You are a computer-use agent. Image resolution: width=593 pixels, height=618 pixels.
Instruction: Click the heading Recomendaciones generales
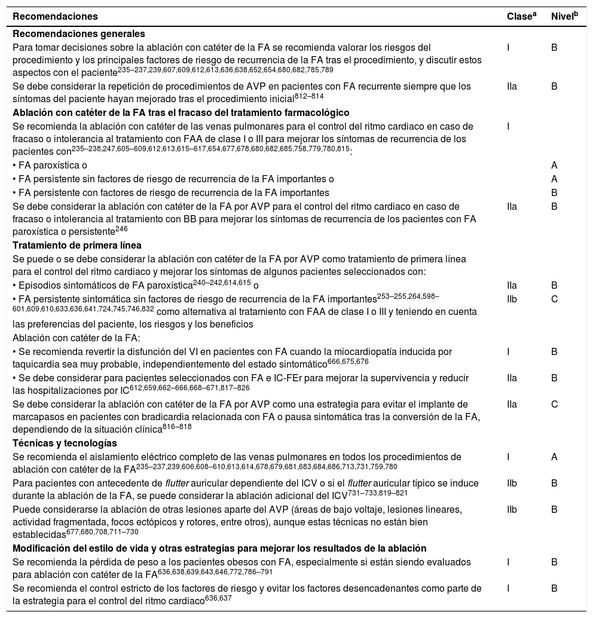(x=79, y=34)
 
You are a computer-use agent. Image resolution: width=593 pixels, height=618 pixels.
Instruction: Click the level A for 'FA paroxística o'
(x=554, y=164)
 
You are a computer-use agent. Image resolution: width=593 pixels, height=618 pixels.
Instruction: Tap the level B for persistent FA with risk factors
(x=554, y=192)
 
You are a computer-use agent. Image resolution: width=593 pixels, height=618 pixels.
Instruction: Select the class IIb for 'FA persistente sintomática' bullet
(x=511, y=299)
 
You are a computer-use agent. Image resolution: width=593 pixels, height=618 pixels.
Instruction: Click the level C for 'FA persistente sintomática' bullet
(x=554, y=299)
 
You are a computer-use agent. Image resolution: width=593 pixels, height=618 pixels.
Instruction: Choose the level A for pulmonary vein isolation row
(x=554, y=457)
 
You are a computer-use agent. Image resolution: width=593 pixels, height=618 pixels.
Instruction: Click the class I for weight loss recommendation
(x=508, y=562)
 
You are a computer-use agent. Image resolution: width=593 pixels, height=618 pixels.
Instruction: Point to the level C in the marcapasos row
(x=554, y=404)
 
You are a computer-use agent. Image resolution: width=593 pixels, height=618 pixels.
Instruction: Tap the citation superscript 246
(x=121, y=228)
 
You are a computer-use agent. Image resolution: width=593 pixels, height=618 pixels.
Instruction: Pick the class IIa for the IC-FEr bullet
(x=511, y=378)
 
